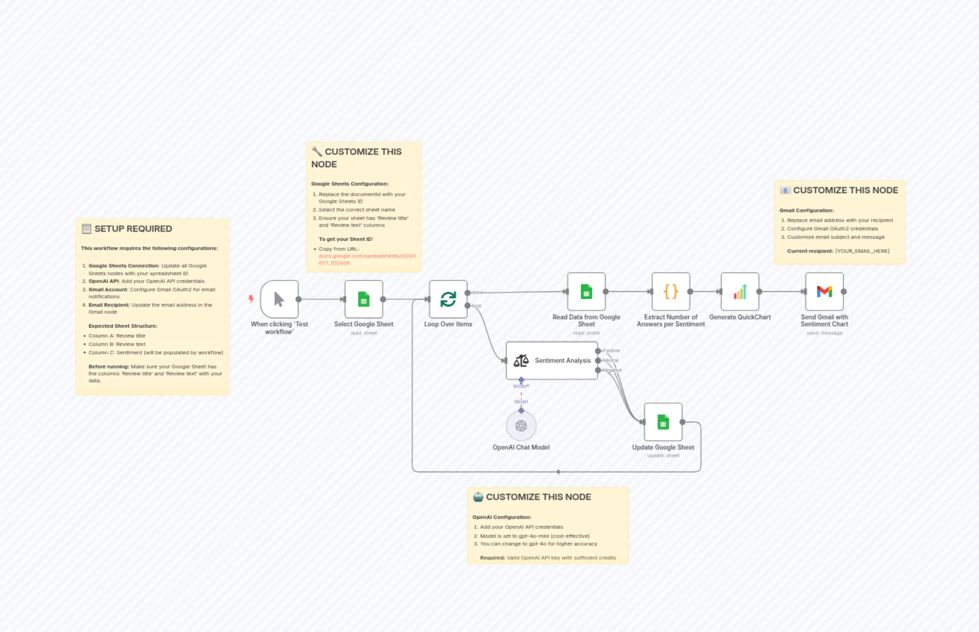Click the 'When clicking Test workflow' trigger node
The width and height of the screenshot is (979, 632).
[x=279, y=299]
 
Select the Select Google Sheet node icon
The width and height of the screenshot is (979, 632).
[x=363, y=299]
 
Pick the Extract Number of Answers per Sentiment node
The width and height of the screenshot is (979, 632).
[x=671, y=291]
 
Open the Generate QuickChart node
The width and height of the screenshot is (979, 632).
[x=740, y=291]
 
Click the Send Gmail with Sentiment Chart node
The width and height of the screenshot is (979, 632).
[x=824, y=291]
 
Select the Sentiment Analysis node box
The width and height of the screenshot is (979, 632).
[x=552, y=360]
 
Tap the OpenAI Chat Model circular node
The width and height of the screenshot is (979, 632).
[x=521, y=425]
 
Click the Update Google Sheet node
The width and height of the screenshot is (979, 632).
[x=663, y=422]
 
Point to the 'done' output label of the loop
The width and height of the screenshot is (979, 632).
[x=478, y=293]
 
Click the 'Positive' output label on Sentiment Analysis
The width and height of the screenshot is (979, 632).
[x=611, y=350]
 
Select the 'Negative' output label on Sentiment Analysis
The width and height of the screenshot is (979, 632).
[x=612, y=370]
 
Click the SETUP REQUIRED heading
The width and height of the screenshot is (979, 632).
[x=133, y=229]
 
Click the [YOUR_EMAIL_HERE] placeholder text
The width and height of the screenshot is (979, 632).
[x=862, y=251]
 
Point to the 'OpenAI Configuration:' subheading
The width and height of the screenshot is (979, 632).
[x=501, y=517]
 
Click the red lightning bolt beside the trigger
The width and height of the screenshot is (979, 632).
[x=251, y=298]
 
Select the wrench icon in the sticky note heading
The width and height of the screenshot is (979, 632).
[x=317, y=151]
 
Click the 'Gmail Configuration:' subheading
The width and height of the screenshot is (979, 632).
[x=806, y=210]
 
